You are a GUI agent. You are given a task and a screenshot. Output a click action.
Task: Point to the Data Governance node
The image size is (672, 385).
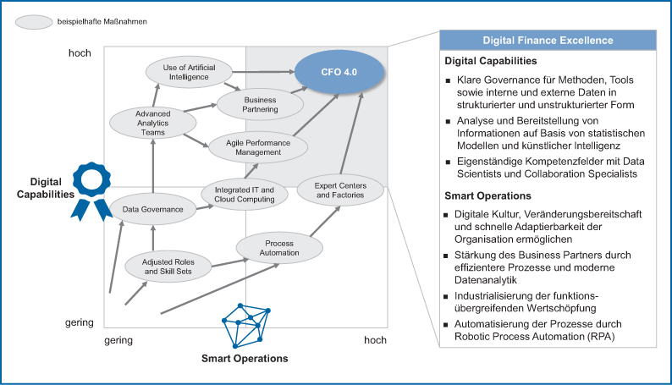(x=152, y=208)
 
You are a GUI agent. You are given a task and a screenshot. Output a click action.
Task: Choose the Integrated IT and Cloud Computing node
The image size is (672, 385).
(x=244, y=195)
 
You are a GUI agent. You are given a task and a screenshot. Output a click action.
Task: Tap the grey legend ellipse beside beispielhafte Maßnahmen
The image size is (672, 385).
(x=35, y=23)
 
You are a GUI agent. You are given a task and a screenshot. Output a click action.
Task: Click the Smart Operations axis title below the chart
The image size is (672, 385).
(x=244, y=358)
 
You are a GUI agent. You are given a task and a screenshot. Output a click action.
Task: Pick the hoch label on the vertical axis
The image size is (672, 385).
(x=80, y=53)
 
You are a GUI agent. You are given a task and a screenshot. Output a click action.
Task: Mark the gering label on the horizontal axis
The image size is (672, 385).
(x=118, y=340)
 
